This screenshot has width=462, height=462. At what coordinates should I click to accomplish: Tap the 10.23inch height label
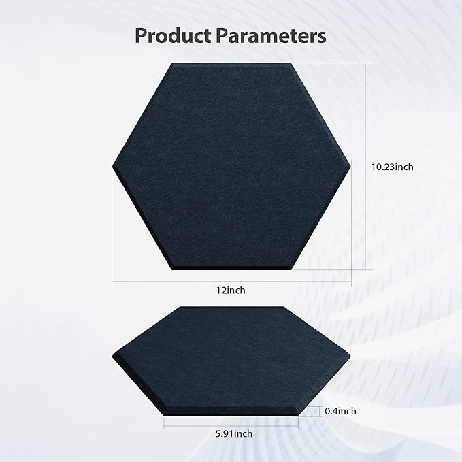393,165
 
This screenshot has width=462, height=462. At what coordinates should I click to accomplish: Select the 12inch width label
231,290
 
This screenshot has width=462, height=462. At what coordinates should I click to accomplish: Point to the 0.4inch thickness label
340,411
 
